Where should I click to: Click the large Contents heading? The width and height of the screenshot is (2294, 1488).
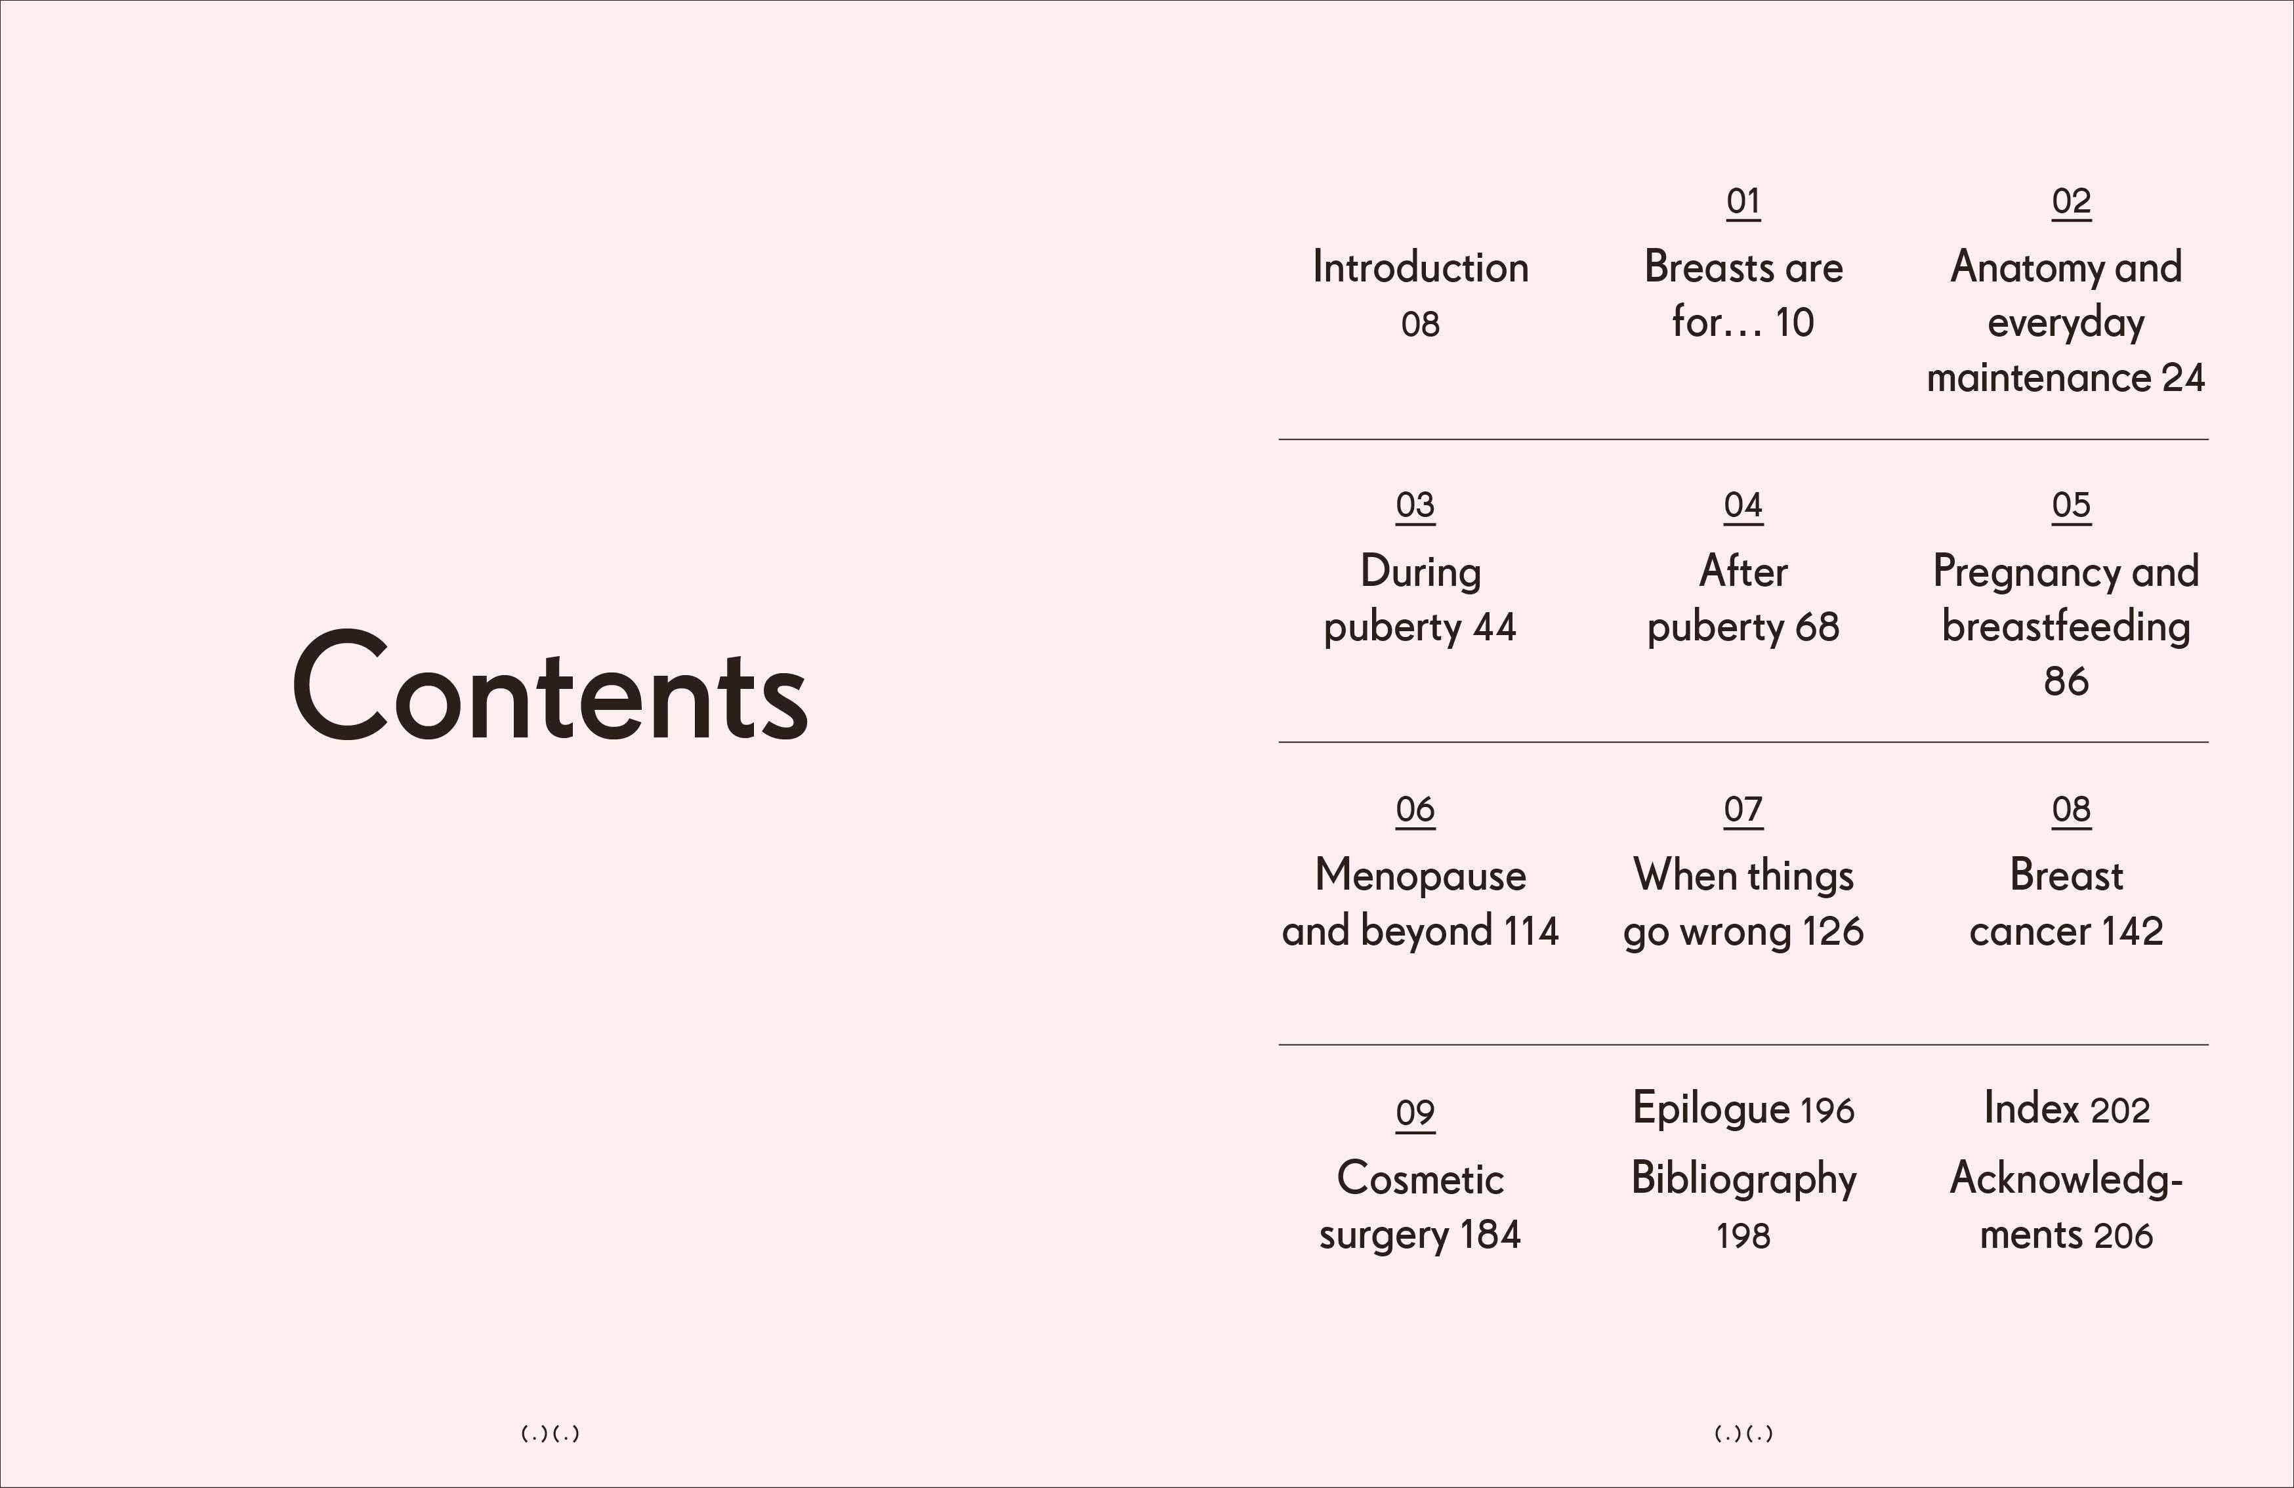(549, 686)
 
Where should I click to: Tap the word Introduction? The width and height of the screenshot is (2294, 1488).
(1420, 267)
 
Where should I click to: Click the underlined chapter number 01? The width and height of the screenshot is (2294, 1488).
(1743, 201)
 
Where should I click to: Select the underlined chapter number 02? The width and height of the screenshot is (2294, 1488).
(2070, 201)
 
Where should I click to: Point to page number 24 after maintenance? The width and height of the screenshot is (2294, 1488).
(2183, 378)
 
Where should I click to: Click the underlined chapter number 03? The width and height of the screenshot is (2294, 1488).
(1415, 505)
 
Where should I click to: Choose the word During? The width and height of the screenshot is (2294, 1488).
(1420, 571)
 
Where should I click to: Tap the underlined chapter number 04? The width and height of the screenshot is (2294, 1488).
(1743, 505)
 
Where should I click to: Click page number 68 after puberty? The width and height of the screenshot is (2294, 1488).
(1817, 627)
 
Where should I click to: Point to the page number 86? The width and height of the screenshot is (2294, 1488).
(2066, 682)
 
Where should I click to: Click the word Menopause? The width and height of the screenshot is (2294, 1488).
(1420, 875)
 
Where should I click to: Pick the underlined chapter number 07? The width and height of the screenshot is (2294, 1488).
(1743, 810)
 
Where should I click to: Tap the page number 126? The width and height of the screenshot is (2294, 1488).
(1832, 932)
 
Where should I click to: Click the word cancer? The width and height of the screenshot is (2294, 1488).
(2028, 932)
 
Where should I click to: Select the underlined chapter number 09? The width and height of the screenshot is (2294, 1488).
(1415, 1113)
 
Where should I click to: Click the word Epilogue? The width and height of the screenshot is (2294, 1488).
(1711, 1108)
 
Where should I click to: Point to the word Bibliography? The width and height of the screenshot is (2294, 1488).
(1743, 1178)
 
